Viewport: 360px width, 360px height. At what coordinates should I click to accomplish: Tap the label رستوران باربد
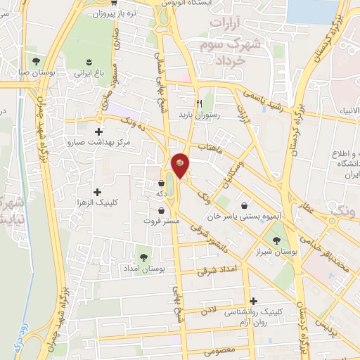click(193, 114)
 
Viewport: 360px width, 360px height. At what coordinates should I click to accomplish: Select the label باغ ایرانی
click(91, 72)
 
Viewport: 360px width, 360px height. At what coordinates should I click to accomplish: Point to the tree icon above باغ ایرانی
click(90, 60)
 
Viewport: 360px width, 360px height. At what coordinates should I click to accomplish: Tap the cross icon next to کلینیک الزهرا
click(97, 191)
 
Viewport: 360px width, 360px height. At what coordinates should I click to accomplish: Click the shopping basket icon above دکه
click(162, 184)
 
